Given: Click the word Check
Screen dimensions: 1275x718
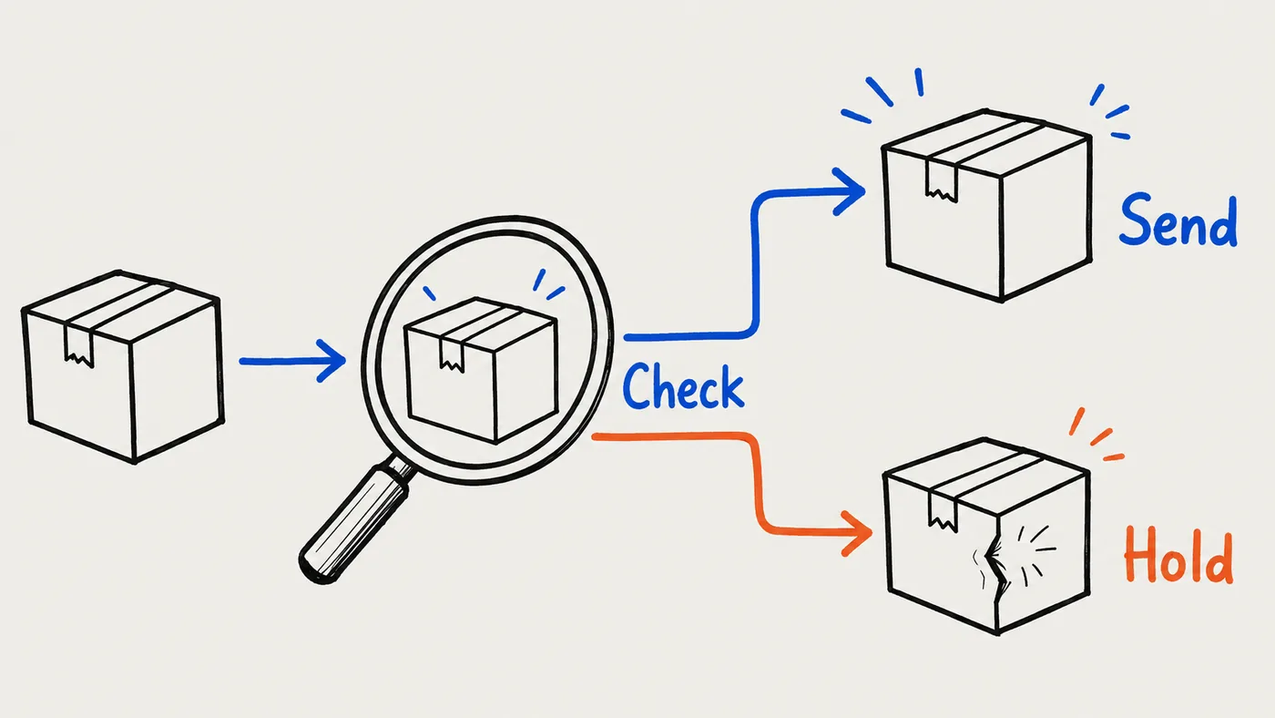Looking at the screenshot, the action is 684,386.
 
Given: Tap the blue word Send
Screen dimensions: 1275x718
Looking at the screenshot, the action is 1178,221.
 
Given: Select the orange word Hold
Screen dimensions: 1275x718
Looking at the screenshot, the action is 1178,555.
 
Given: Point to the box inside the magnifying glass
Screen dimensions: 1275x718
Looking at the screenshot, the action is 481,370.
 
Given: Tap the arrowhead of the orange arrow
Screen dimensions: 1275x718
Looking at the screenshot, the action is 857,533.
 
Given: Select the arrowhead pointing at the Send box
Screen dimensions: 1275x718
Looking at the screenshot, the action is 850,191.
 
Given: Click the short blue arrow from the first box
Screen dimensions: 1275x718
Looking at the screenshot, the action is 292,361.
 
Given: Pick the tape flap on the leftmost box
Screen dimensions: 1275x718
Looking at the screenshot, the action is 78,345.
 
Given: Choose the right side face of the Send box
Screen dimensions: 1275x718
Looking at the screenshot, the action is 1046,217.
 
